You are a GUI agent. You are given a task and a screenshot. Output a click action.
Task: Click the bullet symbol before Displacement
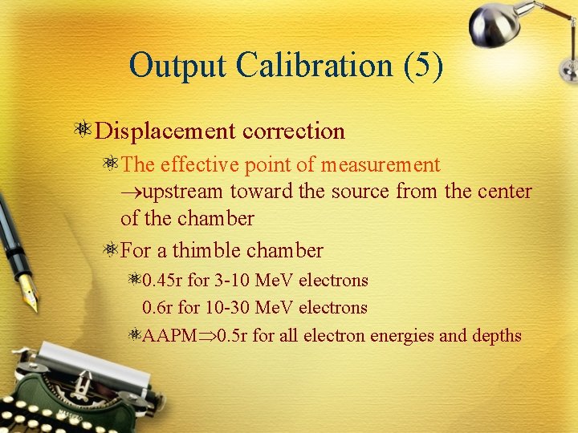point(83,130)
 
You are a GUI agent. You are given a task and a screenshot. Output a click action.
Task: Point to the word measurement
point(381,165)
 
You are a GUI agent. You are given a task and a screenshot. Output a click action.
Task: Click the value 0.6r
point(158,308)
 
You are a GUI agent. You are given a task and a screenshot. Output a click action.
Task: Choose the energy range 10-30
point(234,308)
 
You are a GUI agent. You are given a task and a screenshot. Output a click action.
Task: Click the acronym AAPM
point(169,335)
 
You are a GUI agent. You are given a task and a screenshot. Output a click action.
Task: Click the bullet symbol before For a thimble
point(111,251)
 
